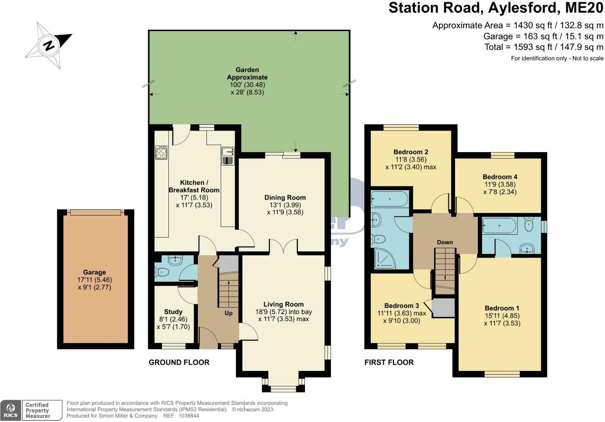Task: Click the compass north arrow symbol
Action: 49,45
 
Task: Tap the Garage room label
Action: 94,272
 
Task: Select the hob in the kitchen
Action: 161,153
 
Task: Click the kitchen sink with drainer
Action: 228,156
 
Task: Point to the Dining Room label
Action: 285,198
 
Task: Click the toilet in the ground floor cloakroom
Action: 162,272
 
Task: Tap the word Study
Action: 173,312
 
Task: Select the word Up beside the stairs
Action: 229,313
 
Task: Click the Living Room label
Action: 284,304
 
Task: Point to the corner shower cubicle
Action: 384,259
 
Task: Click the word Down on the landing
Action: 445,242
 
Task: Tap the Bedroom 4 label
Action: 500,177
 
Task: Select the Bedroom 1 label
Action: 502,308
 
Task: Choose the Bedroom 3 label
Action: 401,305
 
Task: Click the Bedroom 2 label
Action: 411,152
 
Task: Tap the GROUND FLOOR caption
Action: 179,362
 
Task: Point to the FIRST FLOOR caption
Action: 389,362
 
